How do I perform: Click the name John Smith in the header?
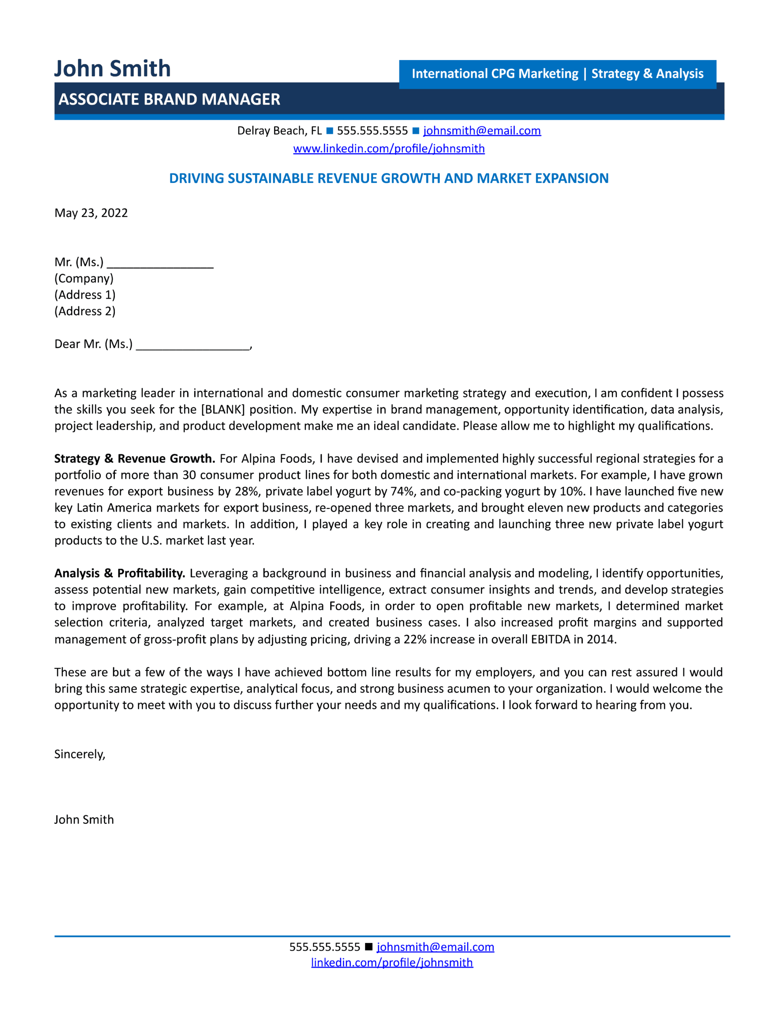113,68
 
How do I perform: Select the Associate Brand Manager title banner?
169,99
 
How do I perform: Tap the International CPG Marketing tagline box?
557,73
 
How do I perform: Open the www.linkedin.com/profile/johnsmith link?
389,148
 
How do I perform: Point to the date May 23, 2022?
91,213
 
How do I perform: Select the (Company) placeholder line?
84,278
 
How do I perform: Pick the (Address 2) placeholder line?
85,311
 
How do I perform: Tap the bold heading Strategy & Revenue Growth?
134,459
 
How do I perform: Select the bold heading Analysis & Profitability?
120,573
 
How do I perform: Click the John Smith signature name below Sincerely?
84,820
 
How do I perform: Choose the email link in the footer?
435,947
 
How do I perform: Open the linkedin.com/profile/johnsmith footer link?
392,963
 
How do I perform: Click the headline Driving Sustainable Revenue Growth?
389,179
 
